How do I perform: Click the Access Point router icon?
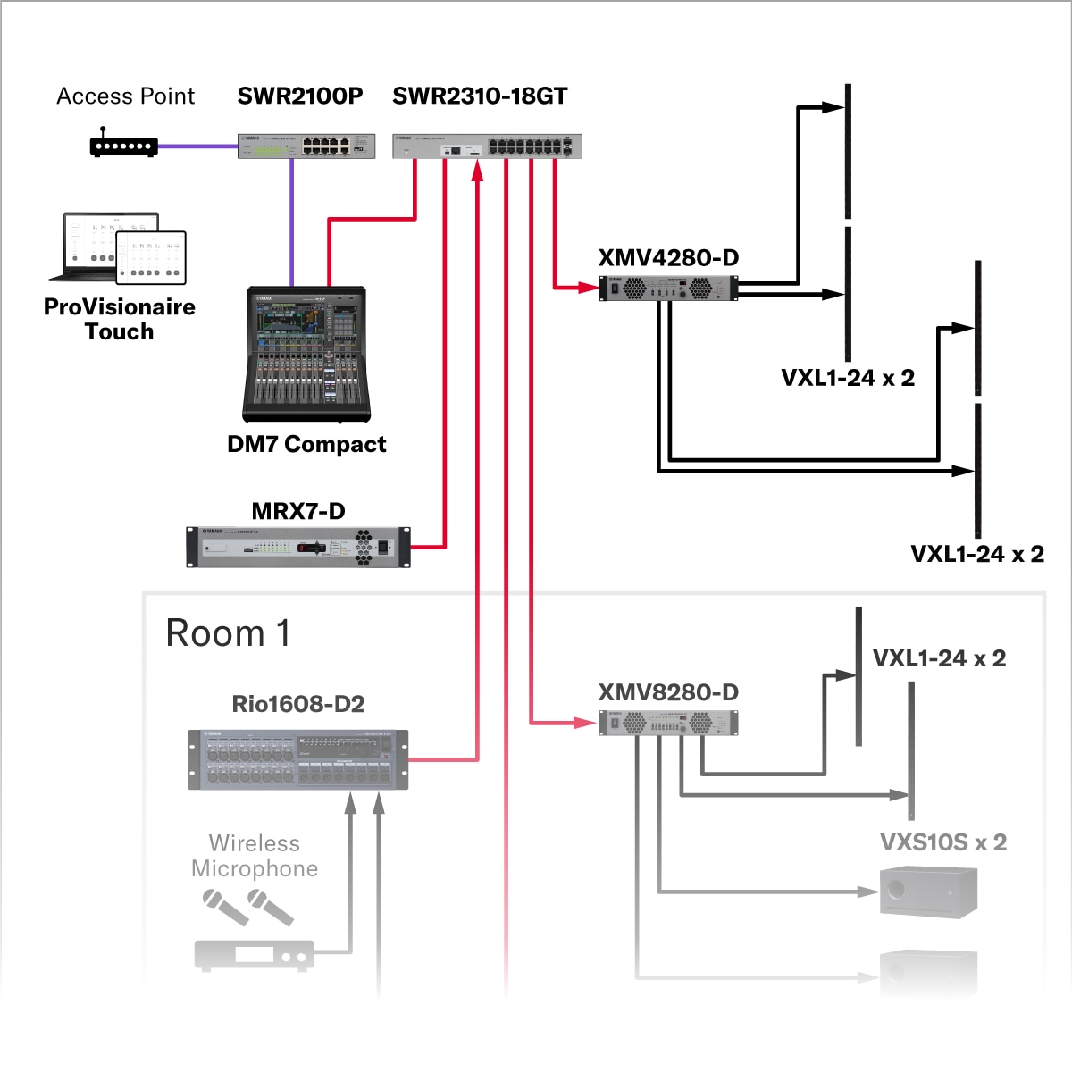click(x=124, y=146)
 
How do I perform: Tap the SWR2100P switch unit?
click(x=306, y=147)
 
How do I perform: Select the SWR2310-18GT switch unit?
click(x=487, y=147)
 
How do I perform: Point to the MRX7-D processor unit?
click(x=298, y=547)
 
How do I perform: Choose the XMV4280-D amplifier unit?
click(x=668, y=289)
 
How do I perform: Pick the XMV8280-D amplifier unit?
click(x=668, y=723)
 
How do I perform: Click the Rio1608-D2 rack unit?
click(x=298, y=759)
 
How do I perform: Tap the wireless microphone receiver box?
click(x=255, y=955)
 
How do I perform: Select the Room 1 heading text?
click(x=228, y=633)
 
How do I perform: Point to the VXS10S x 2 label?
click(x=943, y=842)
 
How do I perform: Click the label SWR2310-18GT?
click(x=480, y=96)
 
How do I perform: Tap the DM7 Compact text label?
click(x=306, y=444)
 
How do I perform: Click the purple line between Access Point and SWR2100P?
click(x=197, y=146)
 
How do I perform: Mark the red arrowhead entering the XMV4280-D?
click(x=589, y=288)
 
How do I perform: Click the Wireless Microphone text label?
click(x=255, y=856)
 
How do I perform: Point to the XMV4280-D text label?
click(x=668, y=258)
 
